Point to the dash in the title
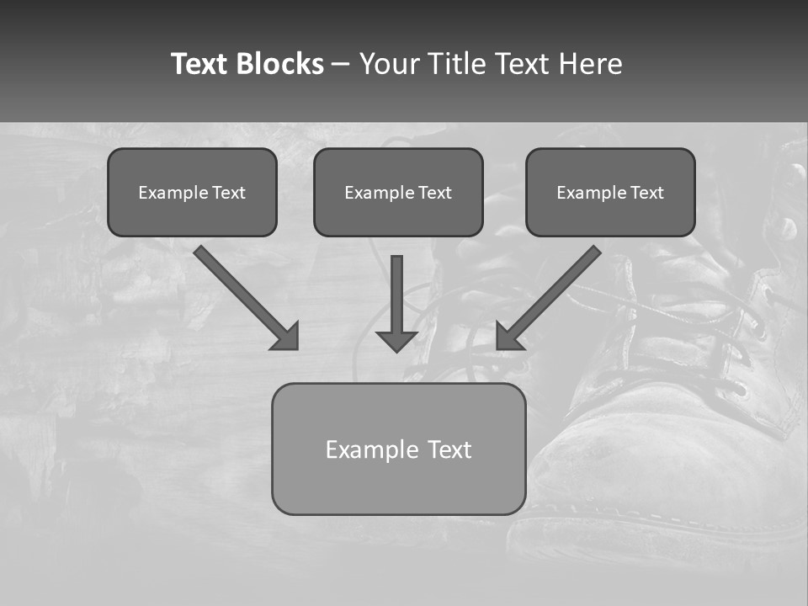pos(341,64)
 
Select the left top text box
pos(192,192)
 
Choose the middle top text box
pos(398,192)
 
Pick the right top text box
pos(610,192)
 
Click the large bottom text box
pos(398,449)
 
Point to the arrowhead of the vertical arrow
pos(396,340)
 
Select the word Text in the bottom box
pos(450,449)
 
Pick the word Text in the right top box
pos(647,193)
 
